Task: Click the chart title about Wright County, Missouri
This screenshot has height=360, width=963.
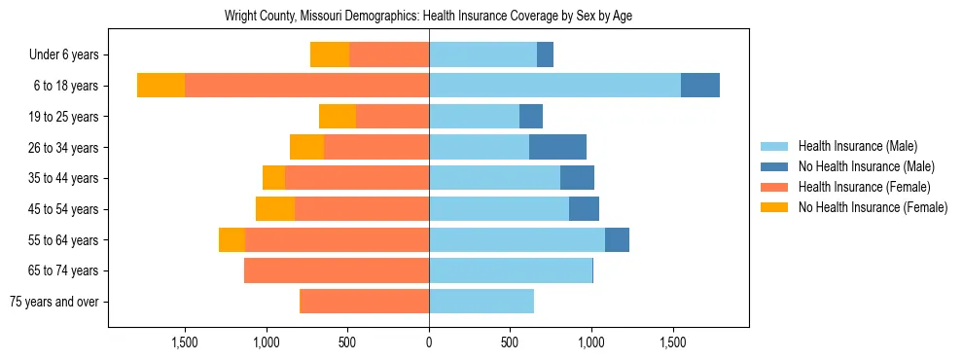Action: (429, 17)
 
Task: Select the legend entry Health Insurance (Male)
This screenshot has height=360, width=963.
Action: (857, 146)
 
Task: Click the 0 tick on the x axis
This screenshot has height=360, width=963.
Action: (429, 342)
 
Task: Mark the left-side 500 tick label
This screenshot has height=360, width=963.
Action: (347, 342)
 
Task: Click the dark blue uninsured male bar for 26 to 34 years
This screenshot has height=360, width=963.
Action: (557, 147)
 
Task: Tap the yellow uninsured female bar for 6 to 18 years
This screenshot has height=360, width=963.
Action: (160, 86)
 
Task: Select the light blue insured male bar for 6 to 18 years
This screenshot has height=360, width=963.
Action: (554, 86)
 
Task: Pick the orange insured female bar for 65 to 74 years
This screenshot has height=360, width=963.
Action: (337, 270)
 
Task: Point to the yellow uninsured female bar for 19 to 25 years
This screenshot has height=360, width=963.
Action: (338, 117)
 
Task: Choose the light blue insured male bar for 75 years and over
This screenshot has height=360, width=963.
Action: (481, 302)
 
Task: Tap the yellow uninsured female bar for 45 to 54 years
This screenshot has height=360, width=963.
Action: (275, 209)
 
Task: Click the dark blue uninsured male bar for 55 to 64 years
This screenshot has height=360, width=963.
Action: (617, 239)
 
